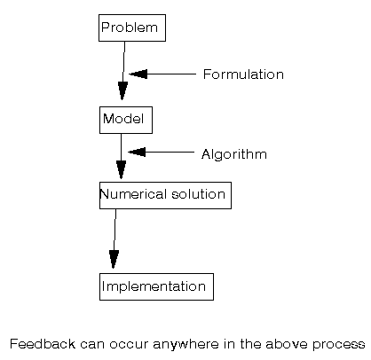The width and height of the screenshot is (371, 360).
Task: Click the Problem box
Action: click(x=131, y=28)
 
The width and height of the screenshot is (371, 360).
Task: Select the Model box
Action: click(x=125, y=120)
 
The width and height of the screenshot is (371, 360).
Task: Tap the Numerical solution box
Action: click(x=165, y=195)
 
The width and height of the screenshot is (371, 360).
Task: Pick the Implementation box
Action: click(x=156, y=287)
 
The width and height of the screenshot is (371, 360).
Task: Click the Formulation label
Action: click(x=243, y=74)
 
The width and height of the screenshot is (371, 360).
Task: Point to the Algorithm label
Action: click(x=233, y=154)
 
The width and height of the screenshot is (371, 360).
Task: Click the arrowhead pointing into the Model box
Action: click(x=122, y=90)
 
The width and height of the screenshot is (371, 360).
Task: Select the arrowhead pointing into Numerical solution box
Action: click(x=121, y=170)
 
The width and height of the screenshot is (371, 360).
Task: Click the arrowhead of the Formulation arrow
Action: click(x=138, y=74)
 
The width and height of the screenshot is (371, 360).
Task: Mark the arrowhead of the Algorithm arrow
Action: click(x=137, y=152)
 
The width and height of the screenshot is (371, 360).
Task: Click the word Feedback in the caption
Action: click(x=36, y=342)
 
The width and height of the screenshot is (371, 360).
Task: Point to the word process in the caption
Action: click(x=340, y=342)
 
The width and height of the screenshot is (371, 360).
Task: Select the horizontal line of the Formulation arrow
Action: click(x=173, y=74)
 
